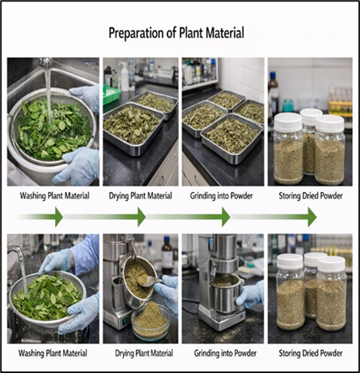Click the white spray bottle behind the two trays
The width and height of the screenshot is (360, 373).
pyautogui.click(x=123, y=76)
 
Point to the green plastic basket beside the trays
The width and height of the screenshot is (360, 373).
pyautogui.click(x=111, y=95)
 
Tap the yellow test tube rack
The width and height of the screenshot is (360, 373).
pyautogui.click(x=341, y=104)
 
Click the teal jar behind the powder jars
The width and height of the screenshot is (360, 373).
pyautogui.click(x=288, y=105)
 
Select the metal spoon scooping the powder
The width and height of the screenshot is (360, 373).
pyautogui.click(x=150, y=281)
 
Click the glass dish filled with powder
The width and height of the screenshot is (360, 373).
pyautogui.click(x=151, y=321)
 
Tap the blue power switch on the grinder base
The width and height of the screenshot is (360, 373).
pyautogui.click(x=125, y=322)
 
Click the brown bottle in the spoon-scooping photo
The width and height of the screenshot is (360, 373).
pyautogui.click(x=166, y=255)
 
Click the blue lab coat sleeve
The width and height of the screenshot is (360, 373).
pyautogui.click(x=84, y=252)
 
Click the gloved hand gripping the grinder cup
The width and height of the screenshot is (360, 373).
pyautogui.click(x=250, y=294)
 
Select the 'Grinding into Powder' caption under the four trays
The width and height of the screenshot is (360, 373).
pyautogui.click(x=221, y=196)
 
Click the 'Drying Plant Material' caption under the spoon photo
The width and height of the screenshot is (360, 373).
pyautogui.click(x=144, y=353)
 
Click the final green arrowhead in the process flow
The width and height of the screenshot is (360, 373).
pyautogui.click(x=311, y=217)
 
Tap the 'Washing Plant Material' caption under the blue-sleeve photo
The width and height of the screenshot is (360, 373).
pyautogui.click(x=53, y=353)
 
